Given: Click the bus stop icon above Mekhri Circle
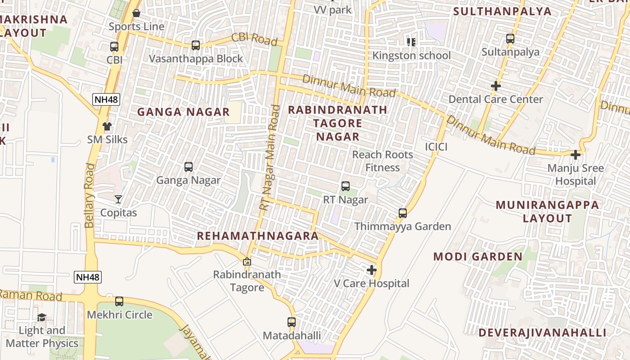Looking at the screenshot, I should click(119, 301).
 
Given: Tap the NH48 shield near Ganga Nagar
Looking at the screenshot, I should click(107, 99).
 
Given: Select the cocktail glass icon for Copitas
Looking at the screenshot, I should click(118, 199).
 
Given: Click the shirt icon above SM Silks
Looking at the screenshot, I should click(107, 126).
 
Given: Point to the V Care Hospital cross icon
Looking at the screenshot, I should click(372, 270).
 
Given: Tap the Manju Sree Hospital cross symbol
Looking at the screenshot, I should click(575, 155).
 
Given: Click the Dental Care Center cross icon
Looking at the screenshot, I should click(496, 85).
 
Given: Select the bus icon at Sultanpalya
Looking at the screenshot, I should click(510, 39).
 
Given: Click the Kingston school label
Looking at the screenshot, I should click(411, 55).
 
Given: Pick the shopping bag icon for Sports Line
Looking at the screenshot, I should click(136, 13).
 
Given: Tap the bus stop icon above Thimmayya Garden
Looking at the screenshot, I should click(403, 213).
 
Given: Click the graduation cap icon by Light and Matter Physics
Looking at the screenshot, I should click(41, 317).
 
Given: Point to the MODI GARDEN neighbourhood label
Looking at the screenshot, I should click(478, 256).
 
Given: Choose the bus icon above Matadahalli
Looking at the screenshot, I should click(292, 322).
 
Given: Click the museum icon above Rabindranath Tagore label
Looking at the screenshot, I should click(247, 261).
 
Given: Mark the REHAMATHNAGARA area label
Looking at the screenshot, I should click(257, 236).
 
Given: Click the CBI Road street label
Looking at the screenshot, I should click(254, 39).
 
